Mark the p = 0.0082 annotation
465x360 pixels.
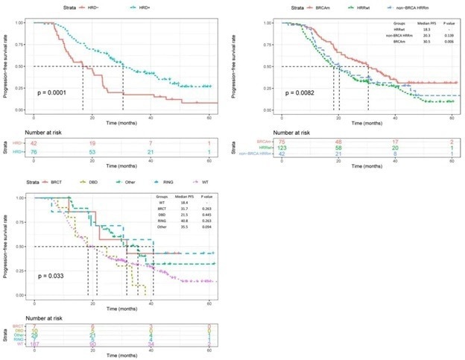[x=302, y=92]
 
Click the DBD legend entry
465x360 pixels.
[x=98, y=181]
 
